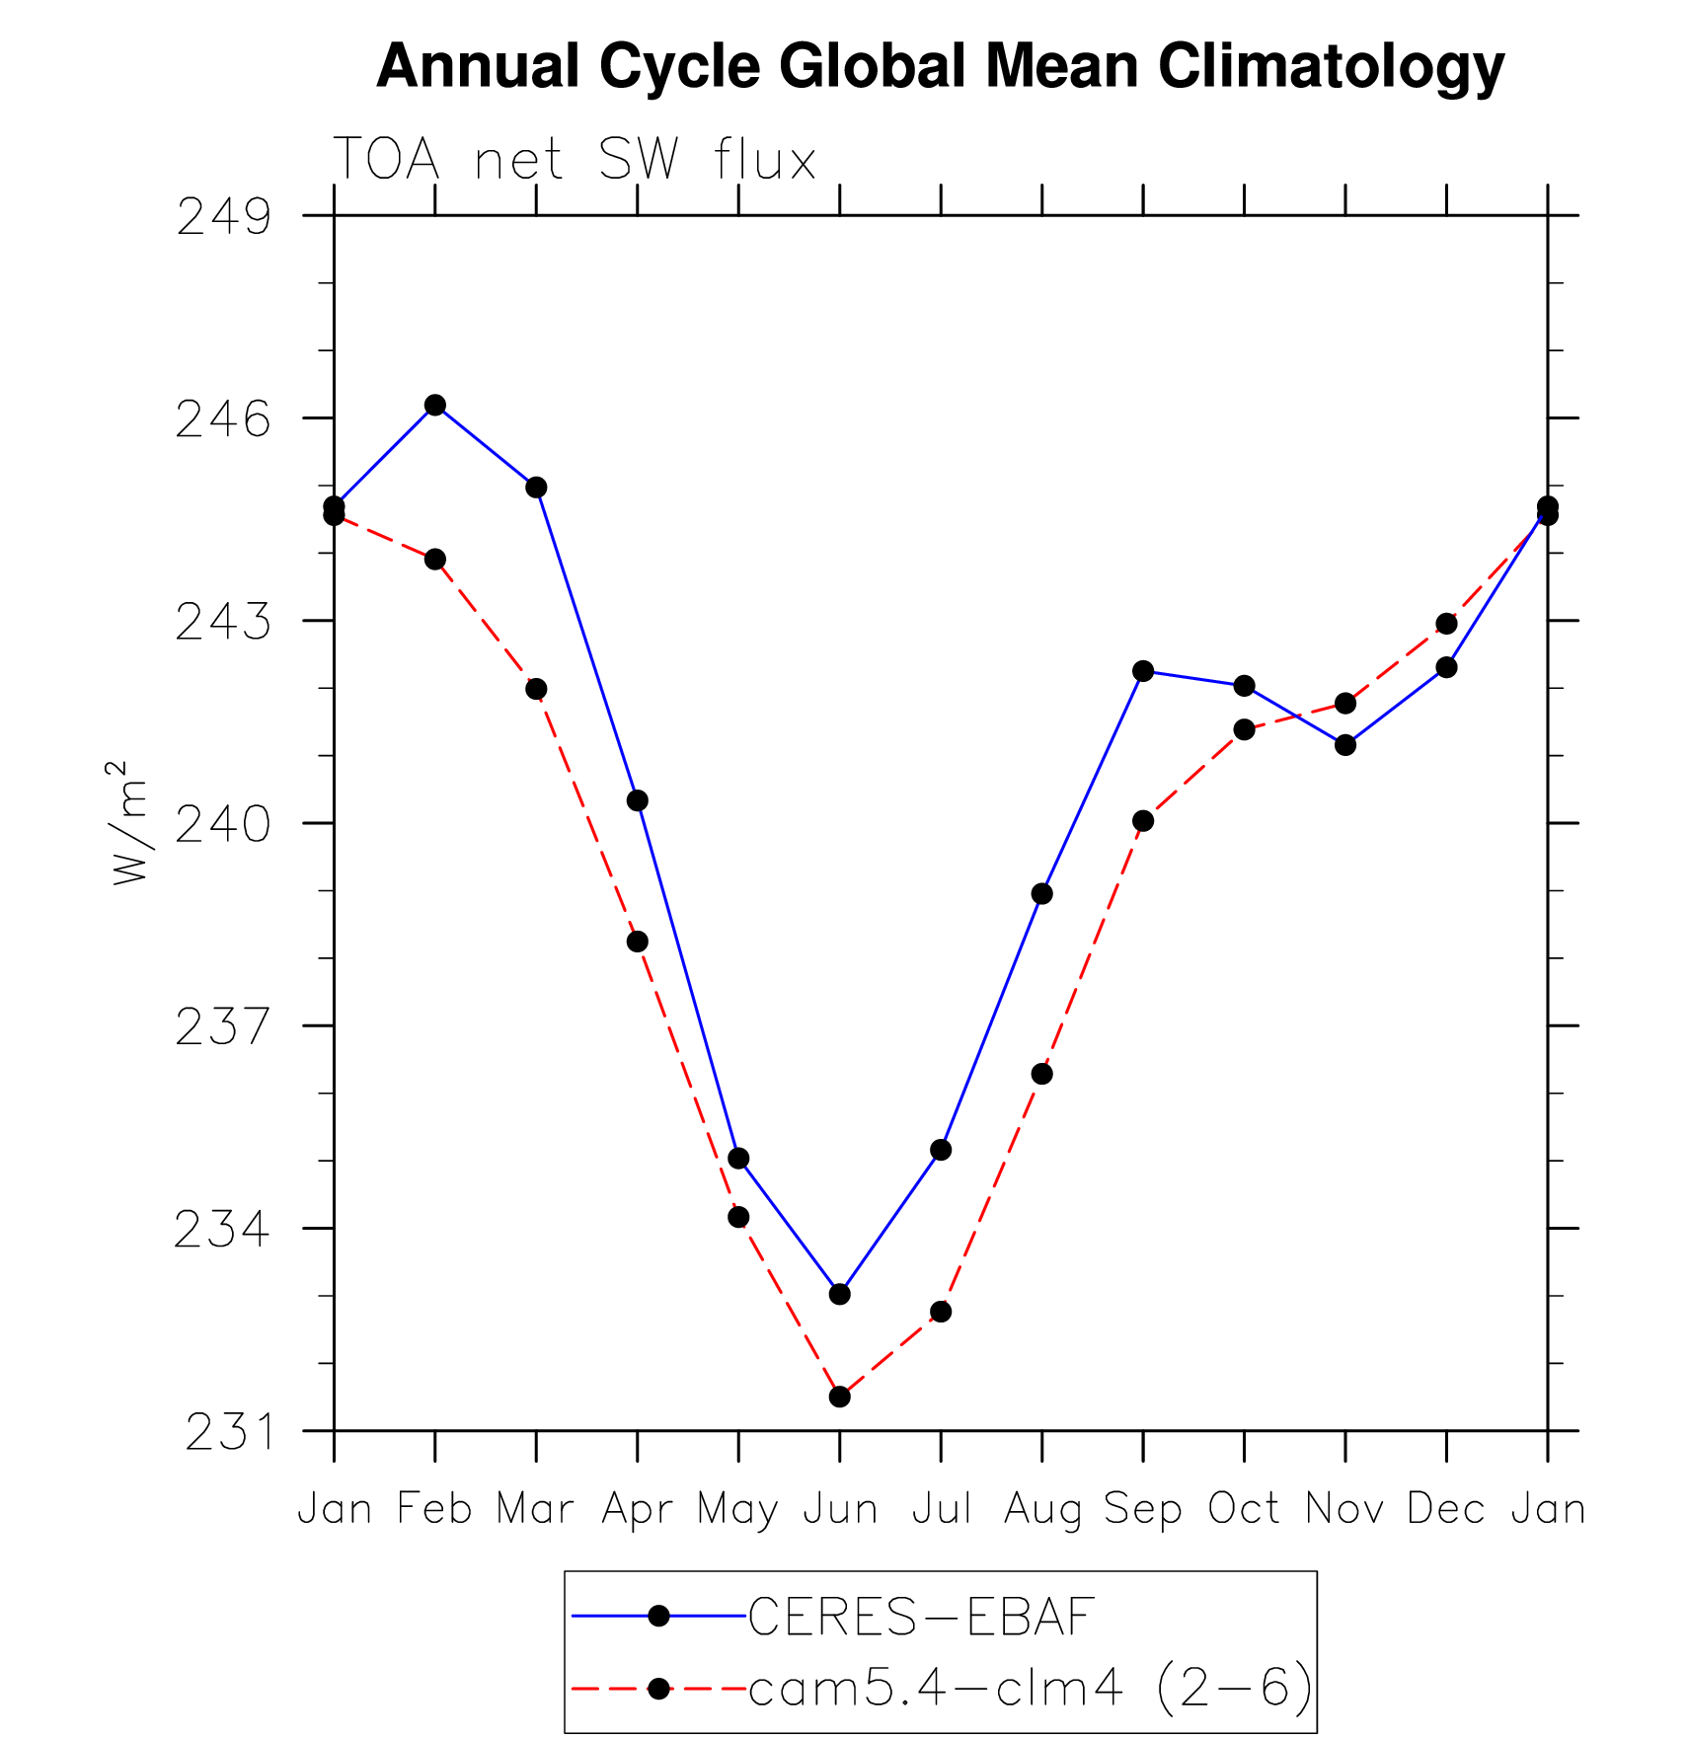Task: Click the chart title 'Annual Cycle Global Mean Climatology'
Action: pos(940,67)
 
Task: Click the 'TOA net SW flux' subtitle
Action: pos(575,159)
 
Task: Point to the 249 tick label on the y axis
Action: pos(223,217)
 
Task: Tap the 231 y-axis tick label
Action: pos(227,1432)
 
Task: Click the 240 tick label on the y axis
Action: pos(223,824)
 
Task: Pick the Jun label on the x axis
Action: pos(840,1509)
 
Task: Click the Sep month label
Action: pos(1142,1509)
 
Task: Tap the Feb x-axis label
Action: pos(434,1509)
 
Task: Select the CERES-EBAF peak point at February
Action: pos(435,405)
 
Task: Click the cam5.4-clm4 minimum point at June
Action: pos(840,1397)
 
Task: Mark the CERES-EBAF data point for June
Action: pos(840,1294)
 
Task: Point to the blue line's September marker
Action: pos(1143,671)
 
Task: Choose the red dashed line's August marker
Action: pos(1041,1074)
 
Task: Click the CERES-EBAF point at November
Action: pos(1345,745)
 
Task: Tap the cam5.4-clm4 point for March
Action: pos(536,689)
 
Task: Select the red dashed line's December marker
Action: pos(1446,624)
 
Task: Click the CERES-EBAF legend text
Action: pos(921,1617)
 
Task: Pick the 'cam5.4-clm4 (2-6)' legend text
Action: pos(1031,1689)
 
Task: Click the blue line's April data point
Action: pos(638,800)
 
